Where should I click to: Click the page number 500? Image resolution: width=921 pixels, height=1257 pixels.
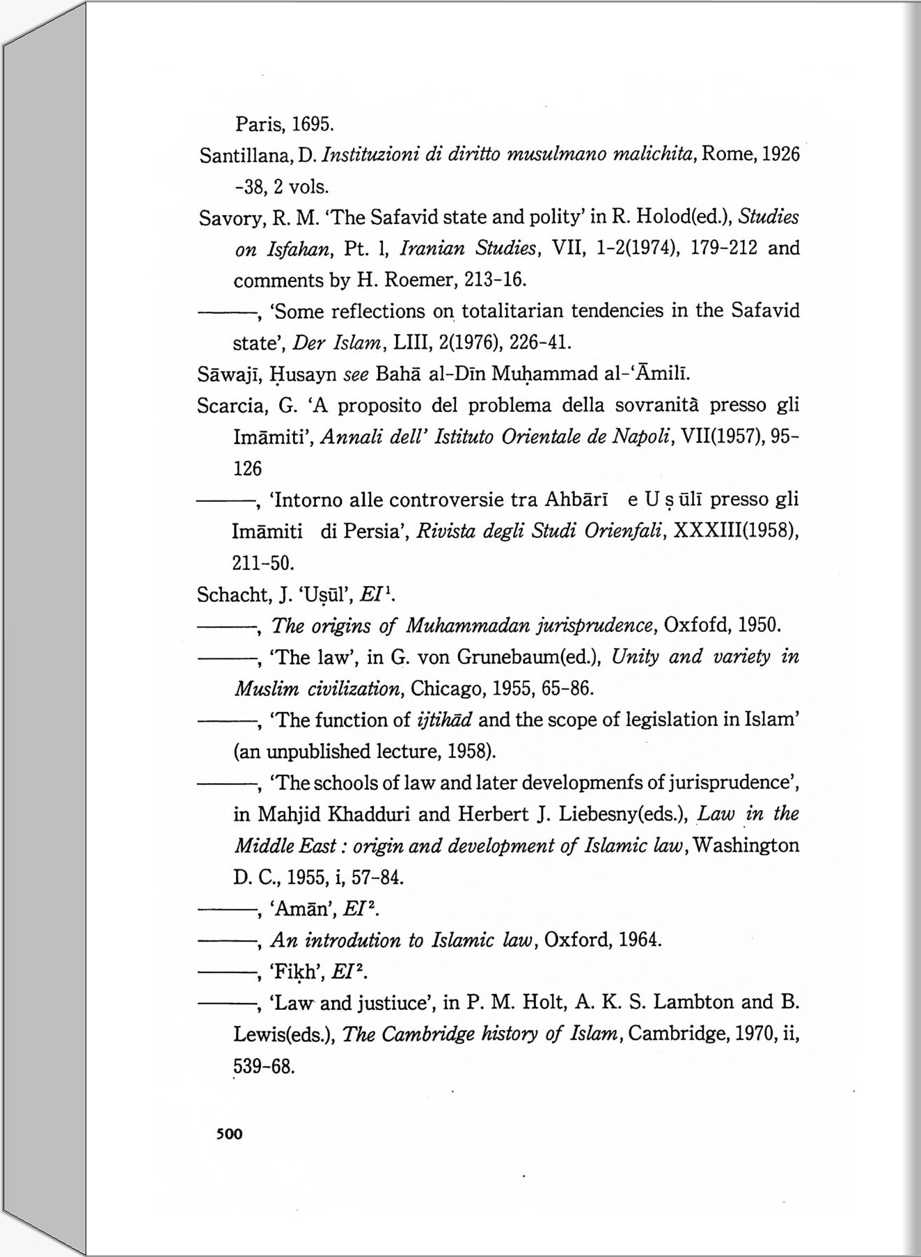(x=229, y=1134)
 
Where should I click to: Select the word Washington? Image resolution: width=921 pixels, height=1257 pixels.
(x=746, y=846)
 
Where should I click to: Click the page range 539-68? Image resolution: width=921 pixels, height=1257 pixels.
(x=264, y=1066)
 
